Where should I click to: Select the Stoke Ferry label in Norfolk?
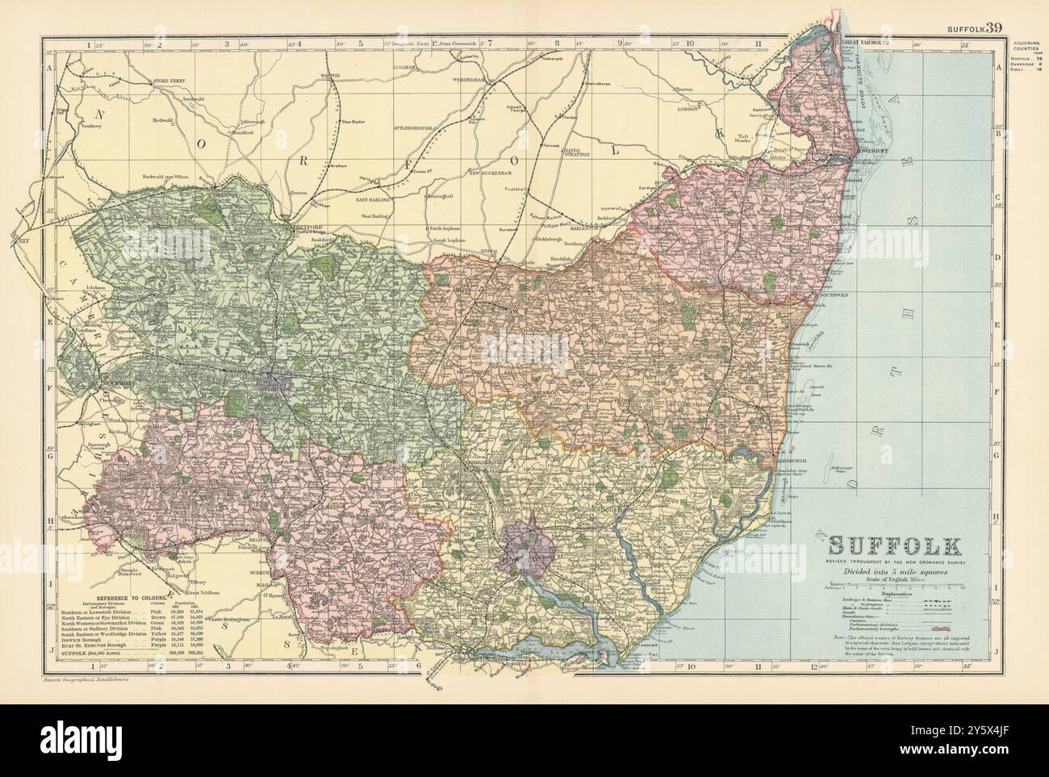(x=171, y=81)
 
